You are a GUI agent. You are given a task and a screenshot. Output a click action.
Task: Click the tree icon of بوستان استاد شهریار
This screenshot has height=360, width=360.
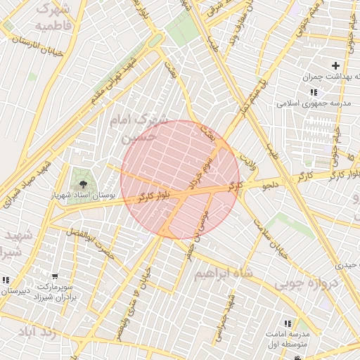pyautogui.click(x=84, y=185)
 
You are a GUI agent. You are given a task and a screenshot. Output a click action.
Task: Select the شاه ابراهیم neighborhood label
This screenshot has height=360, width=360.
pyautogui.click(x=224, y=271)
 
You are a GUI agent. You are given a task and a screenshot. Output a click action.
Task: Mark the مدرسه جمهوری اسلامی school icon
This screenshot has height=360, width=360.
pyautogui.click(x=313, y=92)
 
